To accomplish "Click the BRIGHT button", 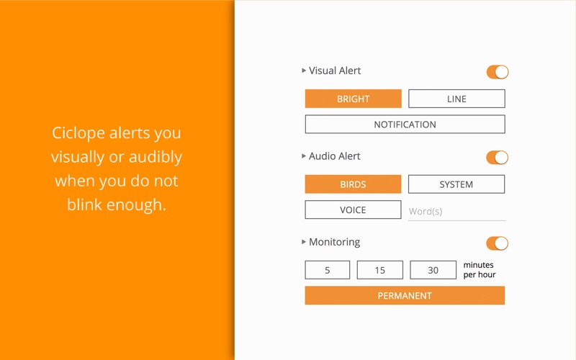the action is [x=353, y=99].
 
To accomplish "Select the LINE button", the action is [x=456, y=99].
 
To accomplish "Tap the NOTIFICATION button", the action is [x=405, y=124].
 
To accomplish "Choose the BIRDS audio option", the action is [x=353, y=184].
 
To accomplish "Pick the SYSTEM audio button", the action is [x=456, y=184].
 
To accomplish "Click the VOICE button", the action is [x=353, y=210].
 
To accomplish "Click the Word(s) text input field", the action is [x=457, y=212].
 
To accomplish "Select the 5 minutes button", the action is [x=328, y=270].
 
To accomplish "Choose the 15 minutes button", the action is [x=380, y=270].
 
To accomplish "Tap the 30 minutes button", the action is [x=433, y=270].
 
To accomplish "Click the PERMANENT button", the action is [x=405, y=295].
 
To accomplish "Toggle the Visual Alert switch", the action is [x=498, y=72].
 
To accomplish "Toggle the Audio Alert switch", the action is [x=498, y=158].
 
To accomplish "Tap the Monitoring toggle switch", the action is [x=498, y=243].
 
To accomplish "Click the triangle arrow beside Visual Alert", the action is [x=304, y=70].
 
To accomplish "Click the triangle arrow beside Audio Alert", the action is [x=304, y=156].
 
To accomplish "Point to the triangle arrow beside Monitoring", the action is [x=304, y=242].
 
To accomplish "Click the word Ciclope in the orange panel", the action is [x=78, y=133].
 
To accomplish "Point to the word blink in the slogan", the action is [x=84, y=204].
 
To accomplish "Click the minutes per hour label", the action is [x=480, y=269].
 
